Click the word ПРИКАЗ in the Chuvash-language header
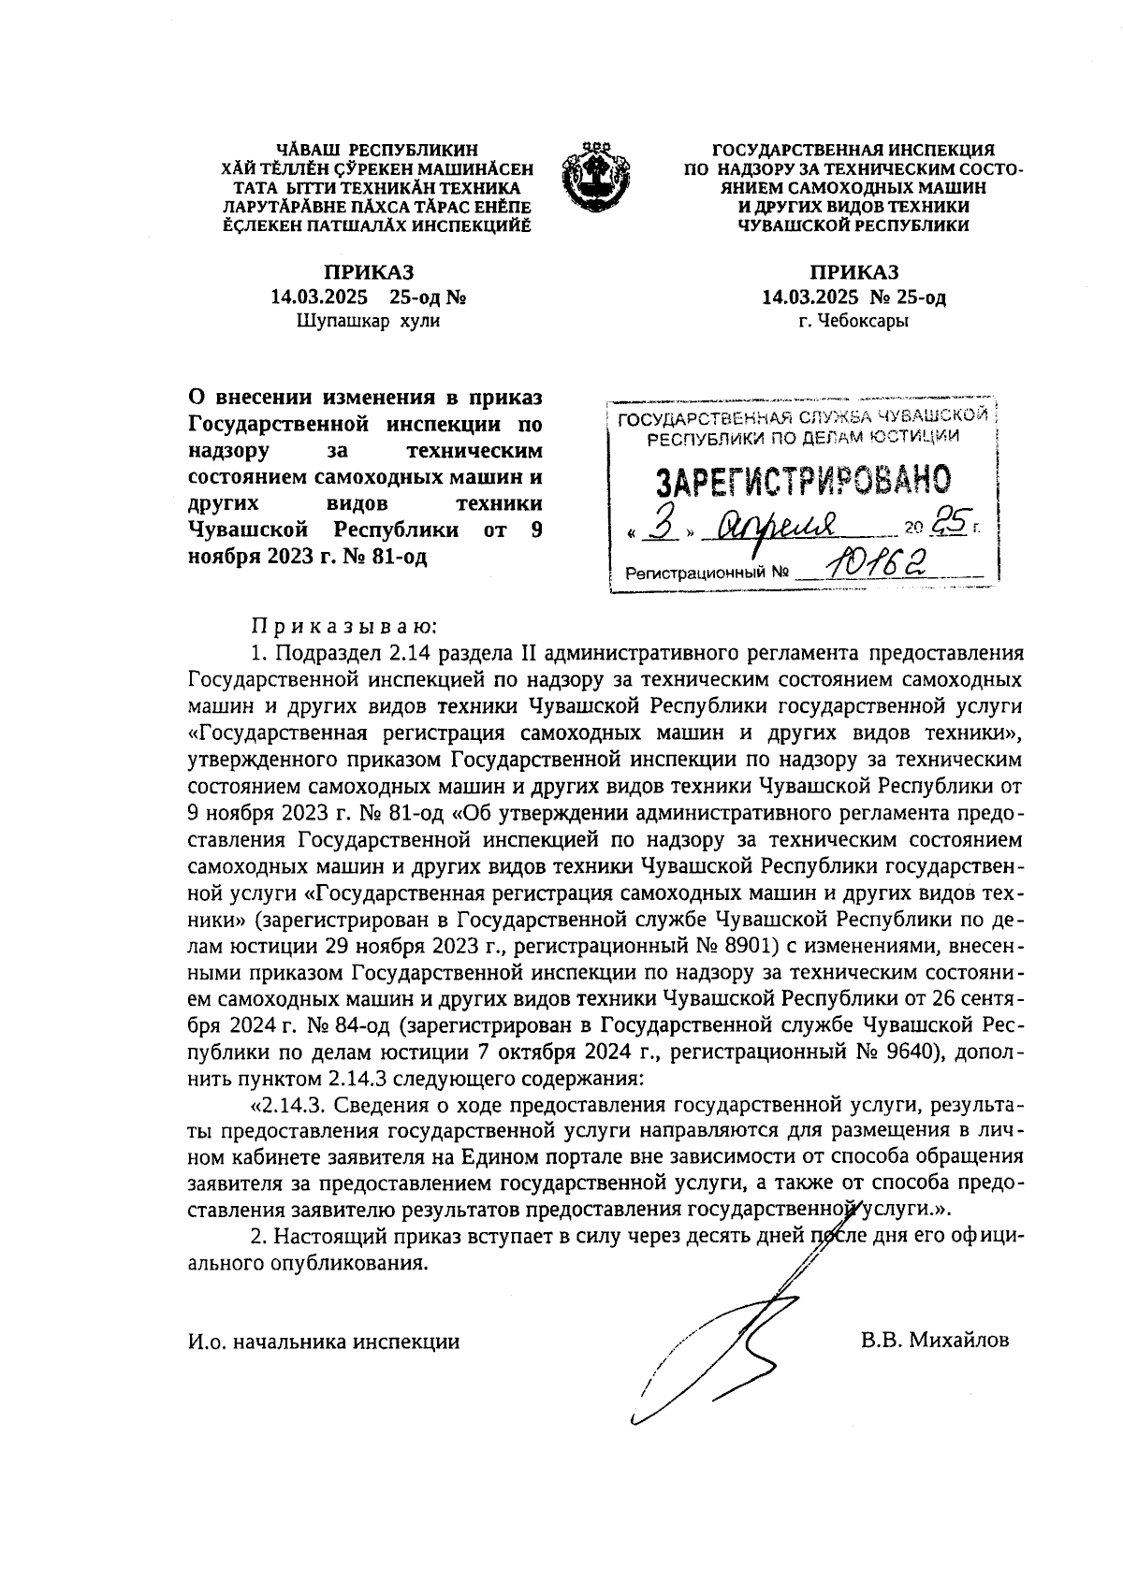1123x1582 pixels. tap(368, 272)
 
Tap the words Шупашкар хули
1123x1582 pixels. tap(368, 321)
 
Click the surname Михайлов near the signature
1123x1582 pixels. tap(935, 1340)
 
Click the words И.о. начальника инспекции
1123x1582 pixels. tap(324, 1341)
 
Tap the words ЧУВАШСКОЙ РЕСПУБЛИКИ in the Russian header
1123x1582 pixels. tap(853, 225)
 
